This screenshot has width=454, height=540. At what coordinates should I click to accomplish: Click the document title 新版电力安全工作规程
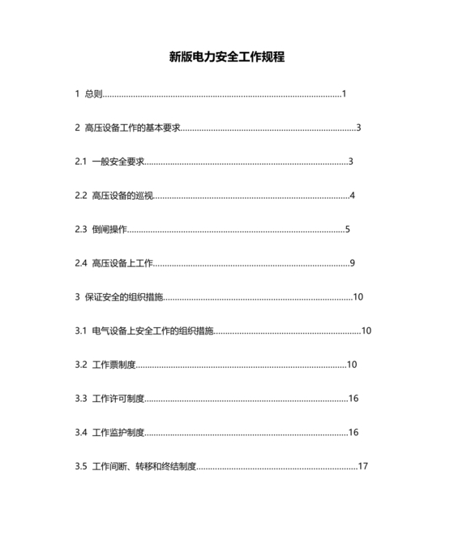[x=227, y=58]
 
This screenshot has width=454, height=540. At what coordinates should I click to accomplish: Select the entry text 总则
[x=93, y=94]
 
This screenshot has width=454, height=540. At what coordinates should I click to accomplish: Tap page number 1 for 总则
[x=345, y=94]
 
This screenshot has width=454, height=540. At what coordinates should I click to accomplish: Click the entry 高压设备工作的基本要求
[x=132, y=127]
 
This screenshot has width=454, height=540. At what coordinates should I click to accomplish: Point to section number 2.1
[x=81, y=162]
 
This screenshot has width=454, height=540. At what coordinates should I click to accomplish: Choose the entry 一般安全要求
[x=118, y=162]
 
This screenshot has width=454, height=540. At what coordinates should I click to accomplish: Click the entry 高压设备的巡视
[x=122, y=196]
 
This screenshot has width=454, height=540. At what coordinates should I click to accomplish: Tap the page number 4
[x=353, y=196]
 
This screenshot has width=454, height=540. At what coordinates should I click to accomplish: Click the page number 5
[x=348, y=229]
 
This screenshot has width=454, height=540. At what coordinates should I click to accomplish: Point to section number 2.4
[x=81, y=263]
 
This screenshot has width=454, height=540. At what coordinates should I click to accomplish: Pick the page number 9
[x=353, y=263]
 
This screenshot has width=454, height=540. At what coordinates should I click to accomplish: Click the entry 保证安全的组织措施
[x=124, y=296]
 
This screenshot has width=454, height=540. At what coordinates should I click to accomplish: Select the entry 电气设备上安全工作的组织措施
[x=153, y=330]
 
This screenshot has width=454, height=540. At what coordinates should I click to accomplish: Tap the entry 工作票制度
[x=114, y=365]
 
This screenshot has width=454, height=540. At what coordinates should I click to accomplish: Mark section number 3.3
[x=81, y=398]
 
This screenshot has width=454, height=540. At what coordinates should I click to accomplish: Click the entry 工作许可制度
[x=118, y=398]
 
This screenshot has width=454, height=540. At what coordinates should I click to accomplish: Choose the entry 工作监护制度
[x=118, y=432]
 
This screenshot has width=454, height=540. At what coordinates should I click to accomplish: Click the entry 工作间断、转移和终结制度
[x=144, y=466]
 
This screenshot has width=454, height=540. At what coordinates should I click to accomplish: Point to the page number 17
[x=363, y=466]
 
